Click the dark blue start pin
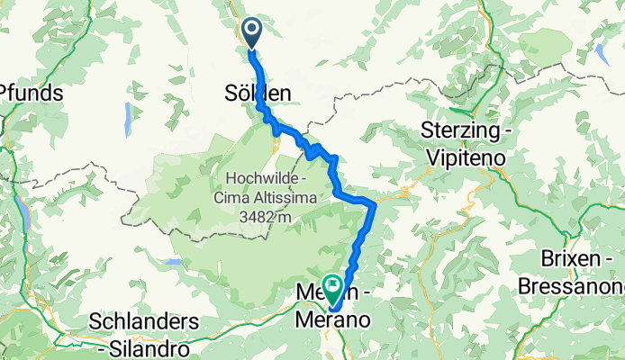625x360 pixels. [251, 32]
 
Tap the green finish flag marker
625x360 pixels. [332, 288]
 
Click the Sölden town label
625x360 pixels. [258, 92]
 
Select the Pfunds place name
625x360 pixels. [31, 92]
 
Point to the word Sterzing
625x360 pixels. [459, 130]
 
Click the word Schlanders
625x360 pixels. [144, 321]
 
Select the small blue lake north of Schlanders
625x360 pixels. [171, 264]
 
